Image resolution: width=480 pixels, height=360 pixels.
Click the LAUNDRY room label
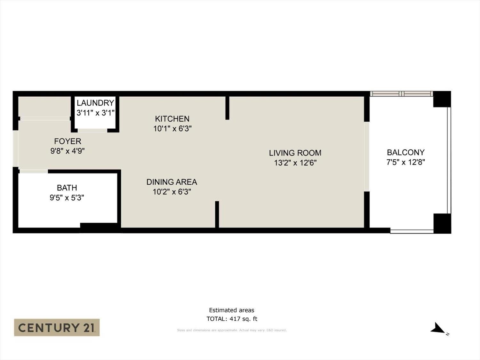pyautogui.click(x=95, y=103)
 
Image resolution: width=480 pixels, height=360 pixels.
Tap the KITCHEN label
pyautogui.click(x=172, y=119)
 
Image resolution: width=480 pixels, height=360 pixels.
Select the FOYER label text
pyautogui.click(x=68, y=141)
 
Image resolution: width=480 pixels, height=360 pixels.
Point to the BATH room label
pyautogui.click(x=67, y=188)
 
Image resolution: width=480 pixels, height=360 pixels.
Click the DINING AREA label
pyautogui.click(x=172, y=182)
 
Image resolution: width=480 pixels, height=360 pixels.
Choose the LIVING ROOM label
pyautogui.click(x=295, y=153)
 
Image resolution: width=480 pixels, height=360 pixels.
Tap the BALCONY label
pyautogui.click(x=406, y=152)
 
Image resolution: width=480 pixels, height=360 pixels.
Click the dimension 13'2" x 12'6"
pyautogui.click(x=295, y=163)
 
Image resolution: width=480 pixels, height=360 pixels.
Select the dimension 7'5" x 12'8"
pyautogui.click(x=406, y=162)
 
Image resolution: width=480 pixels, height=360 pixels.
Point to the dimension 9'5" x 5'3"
pyautogui.click(x=67, y=198)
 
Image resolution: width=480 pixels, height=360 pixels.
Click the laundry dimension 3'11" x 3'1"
pyautogui.click(x=96, y=113)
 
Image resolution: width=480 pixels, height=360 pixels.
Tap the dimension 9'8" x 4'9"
pyautogui.click(x=68, y=151)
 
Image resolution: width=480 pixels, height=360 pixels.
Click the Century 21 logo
pyautogui.click(x=57, y=327)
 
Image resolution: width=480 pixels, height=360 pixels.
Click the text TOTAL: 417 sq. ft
pyautogui.click(x=232, y=319)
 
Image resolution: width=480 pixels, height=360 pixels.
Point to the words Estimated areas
pyautogui.click(x=232, y=310)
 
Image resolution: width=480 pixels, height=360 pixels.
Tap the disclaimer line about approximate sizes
pyautogui.click(x=232, y=330)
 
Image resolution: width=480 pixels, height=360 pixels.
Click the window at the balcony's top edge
pyautogui.click(x=402, y=94)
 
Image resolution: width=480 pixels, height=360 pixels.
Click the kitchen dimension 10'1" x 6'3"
pyautogui.click(x=172, y=129)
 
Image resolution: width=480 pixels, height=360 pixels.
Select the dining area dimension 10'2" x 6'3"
pyautogui.click(x=172, y=192)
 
